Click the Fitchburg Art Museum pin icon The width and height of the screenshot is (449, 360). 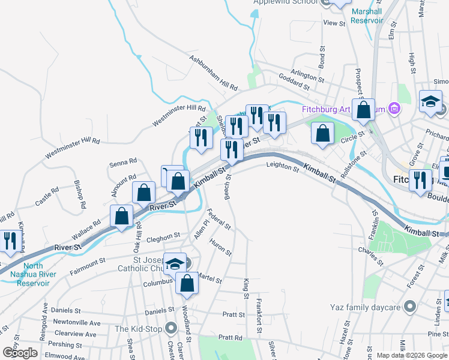(x=394, y=109)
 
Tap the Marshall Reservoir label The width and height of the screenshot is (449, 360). (x=367, y=16)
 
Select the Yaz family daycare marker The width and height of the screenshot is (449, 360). (x=410, y=307)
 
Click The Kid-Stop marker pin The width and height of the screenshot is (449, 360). (x=172, y=328)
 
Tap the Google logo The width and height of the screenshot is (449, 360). (x=20, y=352)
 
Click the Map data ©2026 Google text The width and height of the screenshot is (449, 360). (x=412, y=355)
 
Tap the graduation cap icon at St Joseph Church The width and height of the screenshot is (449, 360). (x=175, y=263)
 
